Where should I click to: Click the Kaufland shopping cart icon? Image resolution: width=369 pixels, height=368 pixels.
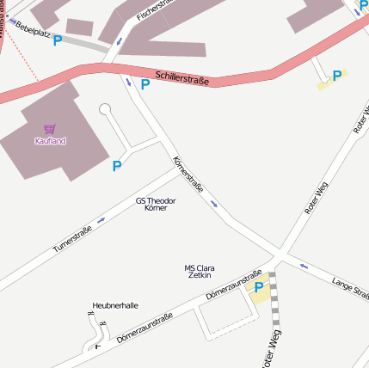pyautogui.click(x=50, y=129)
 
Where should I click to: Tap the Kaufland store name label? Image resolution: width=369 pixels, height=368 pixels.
pyautogui.click(x=50, y=140)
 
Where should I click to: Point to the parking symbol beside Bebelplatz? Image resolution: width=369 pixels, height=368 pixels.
pyautogui.click(x=58, y=40)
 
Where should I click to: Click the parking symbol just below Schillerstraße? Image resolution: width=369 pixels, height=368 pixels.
pyautogui.click(x=145, y=84)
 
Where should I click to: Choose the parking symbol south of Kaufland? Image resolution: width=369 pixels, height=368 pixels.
pyautogui.click(x=117, y=166)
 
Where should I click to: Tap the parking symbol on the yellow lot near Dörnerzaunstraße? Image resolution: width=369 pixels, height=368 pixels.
pyautogui.click(x=259, y=287)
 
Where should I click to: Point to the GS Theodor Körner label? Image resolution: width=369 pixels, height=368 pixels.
pyautogui.click(x=156, y=205)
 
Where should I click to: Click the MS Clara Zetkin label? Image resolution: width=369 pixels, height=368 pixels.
pyautogui.click(x=199, y=272)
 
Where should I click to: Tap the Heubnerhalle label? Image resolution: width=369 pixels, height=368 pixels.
pyautogui.click(x=115, y=305)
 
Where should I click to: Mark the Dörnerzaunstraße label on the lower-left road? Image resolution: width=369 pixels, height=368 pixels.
pyautogui.click(x=145, y=328)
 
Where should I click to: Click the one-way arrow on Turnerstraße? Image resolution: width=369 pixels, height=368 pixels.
pyautogui.click(x=101, y=220)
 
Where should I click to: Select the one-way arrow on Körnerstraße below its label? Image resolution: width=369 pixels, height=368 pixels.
pyautogui.click(x=214, y=204)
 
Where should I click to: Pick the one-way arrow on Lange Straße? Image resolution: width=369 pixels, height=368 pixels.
pyautogui.click(x=304, y=266)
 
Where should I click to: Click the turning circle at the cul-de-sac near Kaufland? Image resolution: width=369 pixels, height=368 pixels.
pyautogui.click(x=105, y=109)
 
